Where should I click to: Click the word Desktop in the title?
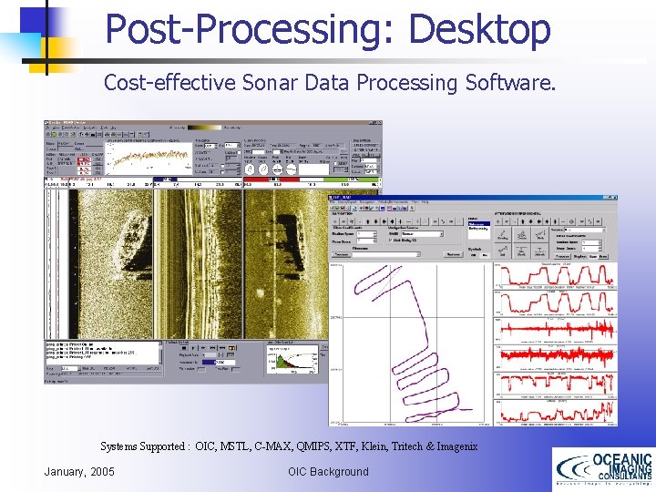point(479,29)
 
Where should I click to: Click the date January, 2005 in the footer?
point(79,471)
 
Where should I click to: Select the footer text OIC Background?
point(328,471)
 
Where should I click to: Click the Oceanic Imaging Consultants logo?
point(603,468)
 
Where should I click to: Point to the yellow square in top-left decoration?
point(58,55)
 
